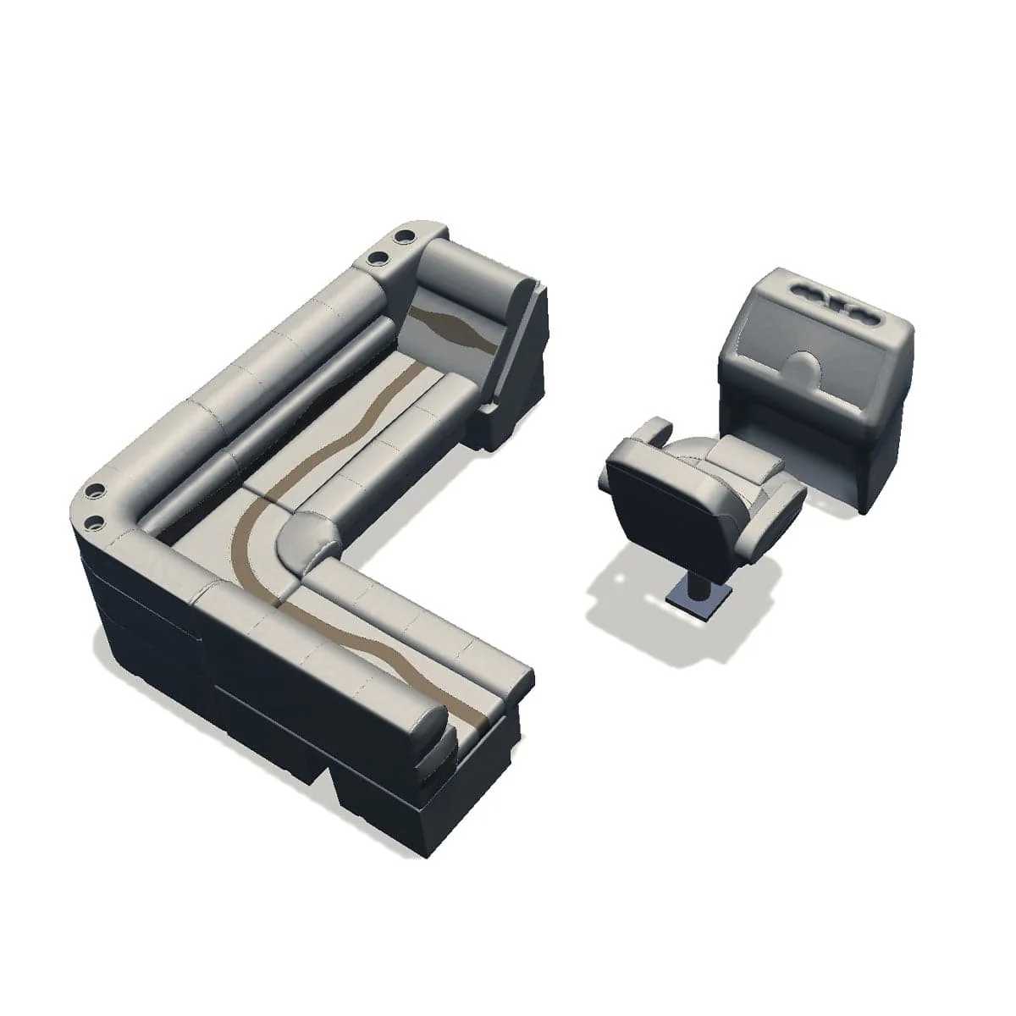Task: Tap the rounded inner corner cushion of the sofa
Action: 305,542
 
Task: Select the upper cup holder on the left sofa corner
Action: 95,490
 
